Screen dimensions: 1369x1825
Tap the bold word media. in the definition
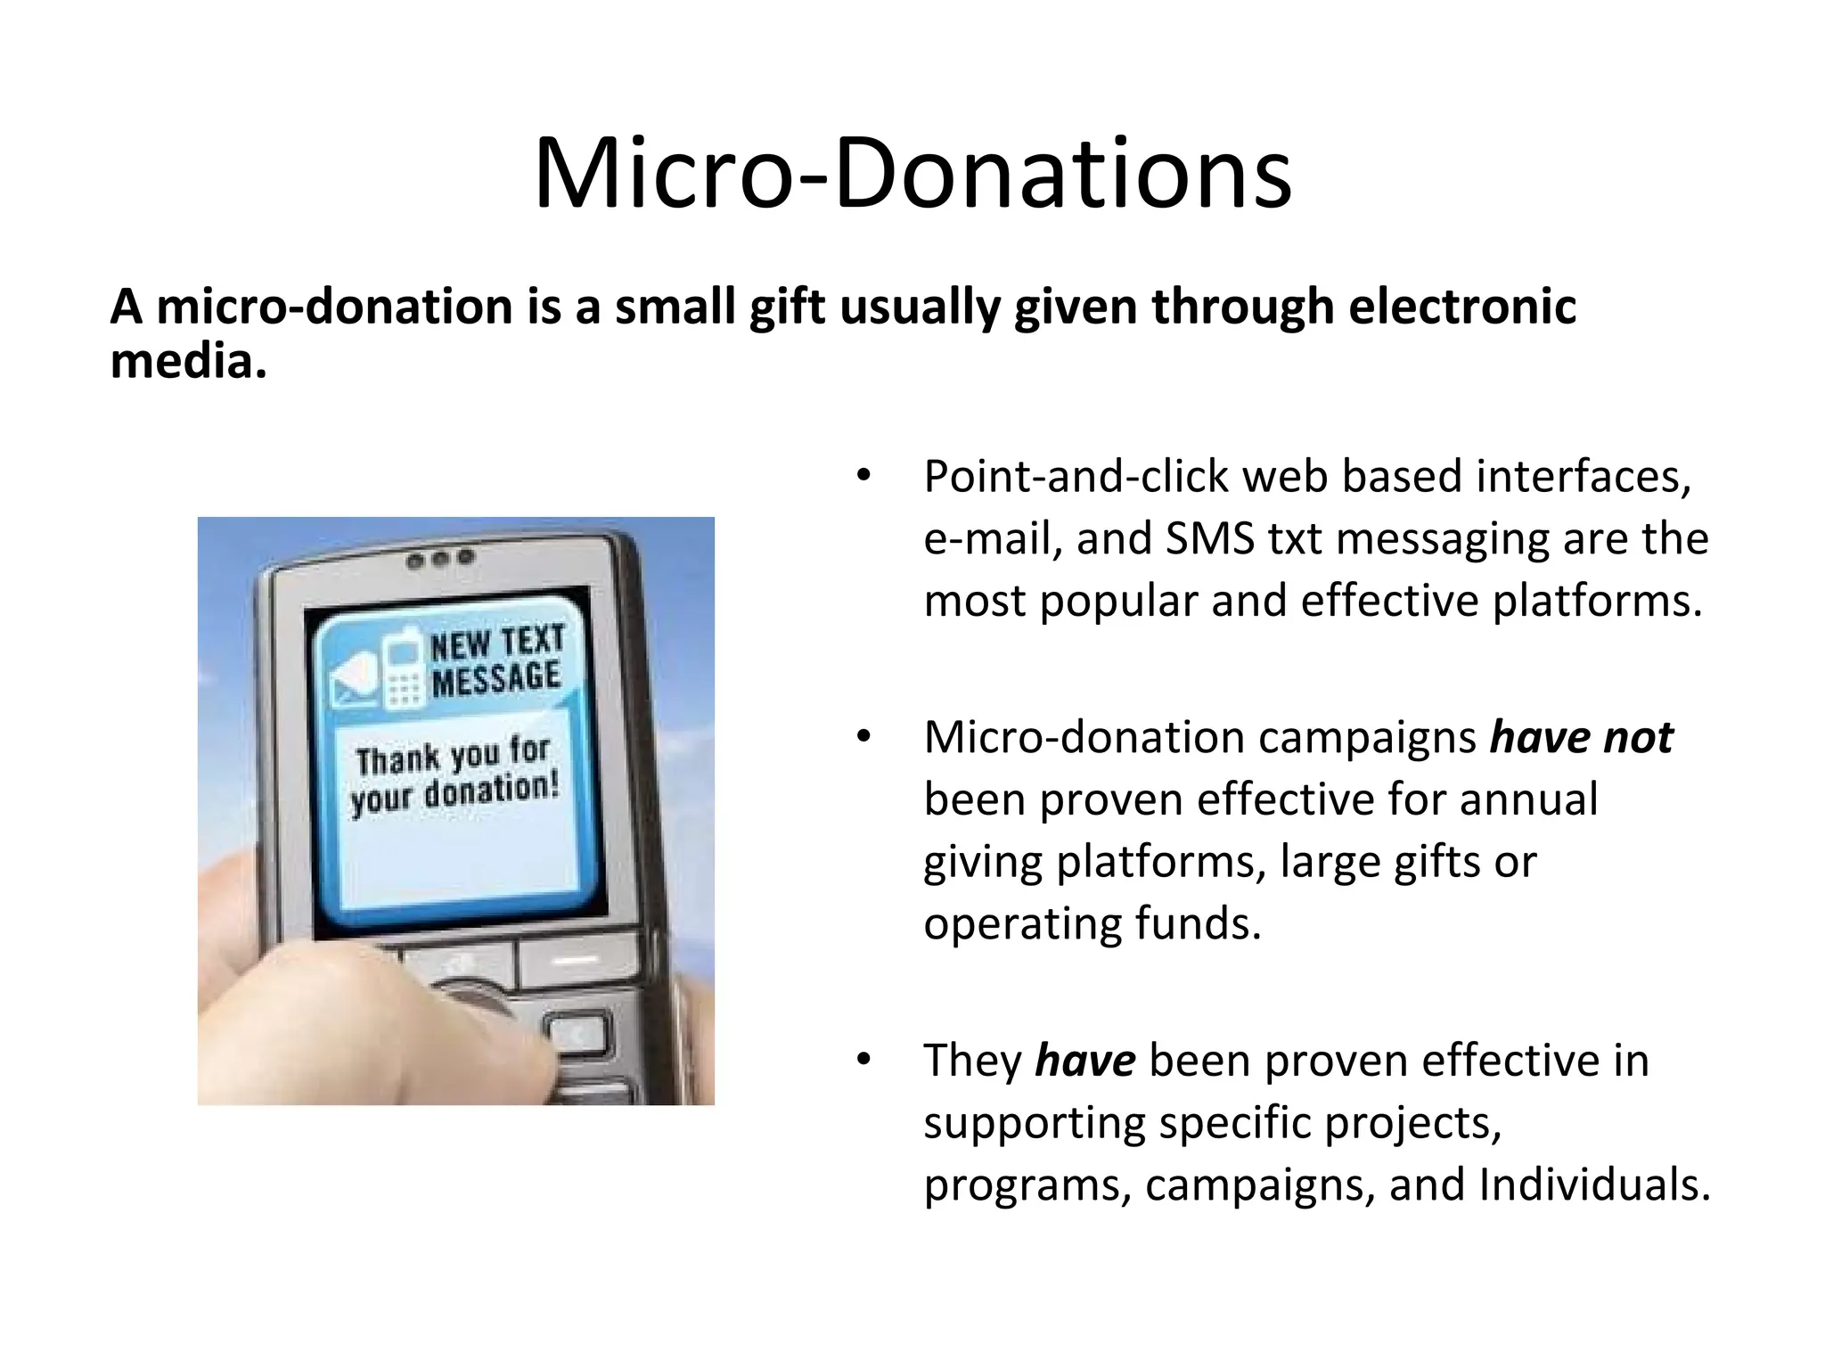188,362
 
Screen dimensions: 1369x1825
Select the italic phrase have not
1581,738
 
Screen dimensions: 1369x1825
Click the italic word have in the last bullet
1084,1061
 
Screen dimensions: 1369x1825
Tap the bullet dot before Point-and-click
862,478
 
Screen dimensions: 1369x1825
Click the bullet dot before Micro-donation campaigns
862,738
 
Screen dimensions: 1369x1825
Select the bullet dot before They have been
862,1061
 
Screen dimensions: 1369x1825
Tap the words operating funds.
1093,924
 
